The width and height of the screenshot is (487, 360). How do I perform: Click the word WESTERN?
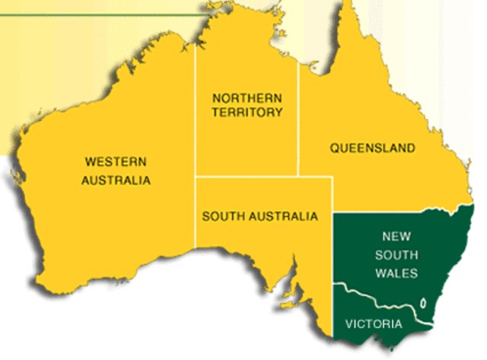point(116,161)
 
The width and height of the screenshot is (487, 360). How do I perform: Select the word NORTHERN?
point(247,98)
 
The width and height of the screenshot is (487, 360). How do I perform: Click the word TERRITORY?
point(247,113)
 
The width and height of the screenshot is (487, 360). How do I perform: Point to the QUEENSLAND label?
point(372,148)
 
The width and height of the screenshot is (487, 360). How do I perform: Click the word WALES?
point(396,273)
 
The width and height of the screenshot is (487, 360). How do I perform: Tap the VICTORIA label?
point(373,324)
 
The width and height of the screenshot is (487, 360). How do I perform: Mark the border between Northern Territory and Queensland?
point(298,122)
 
